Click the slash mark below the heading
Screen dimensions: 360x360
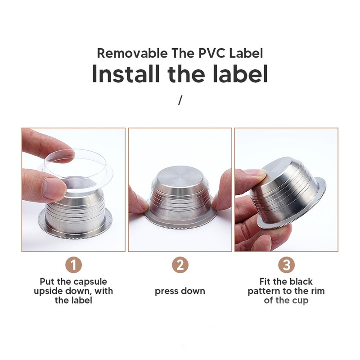[x=180, y=100]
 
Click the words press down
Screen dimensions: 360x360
[x=180, y=291]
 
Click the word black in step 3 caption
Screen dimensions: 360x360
[x=301, y=282]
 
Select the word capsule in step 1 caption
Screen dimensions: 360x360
[x=90, y=282]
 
